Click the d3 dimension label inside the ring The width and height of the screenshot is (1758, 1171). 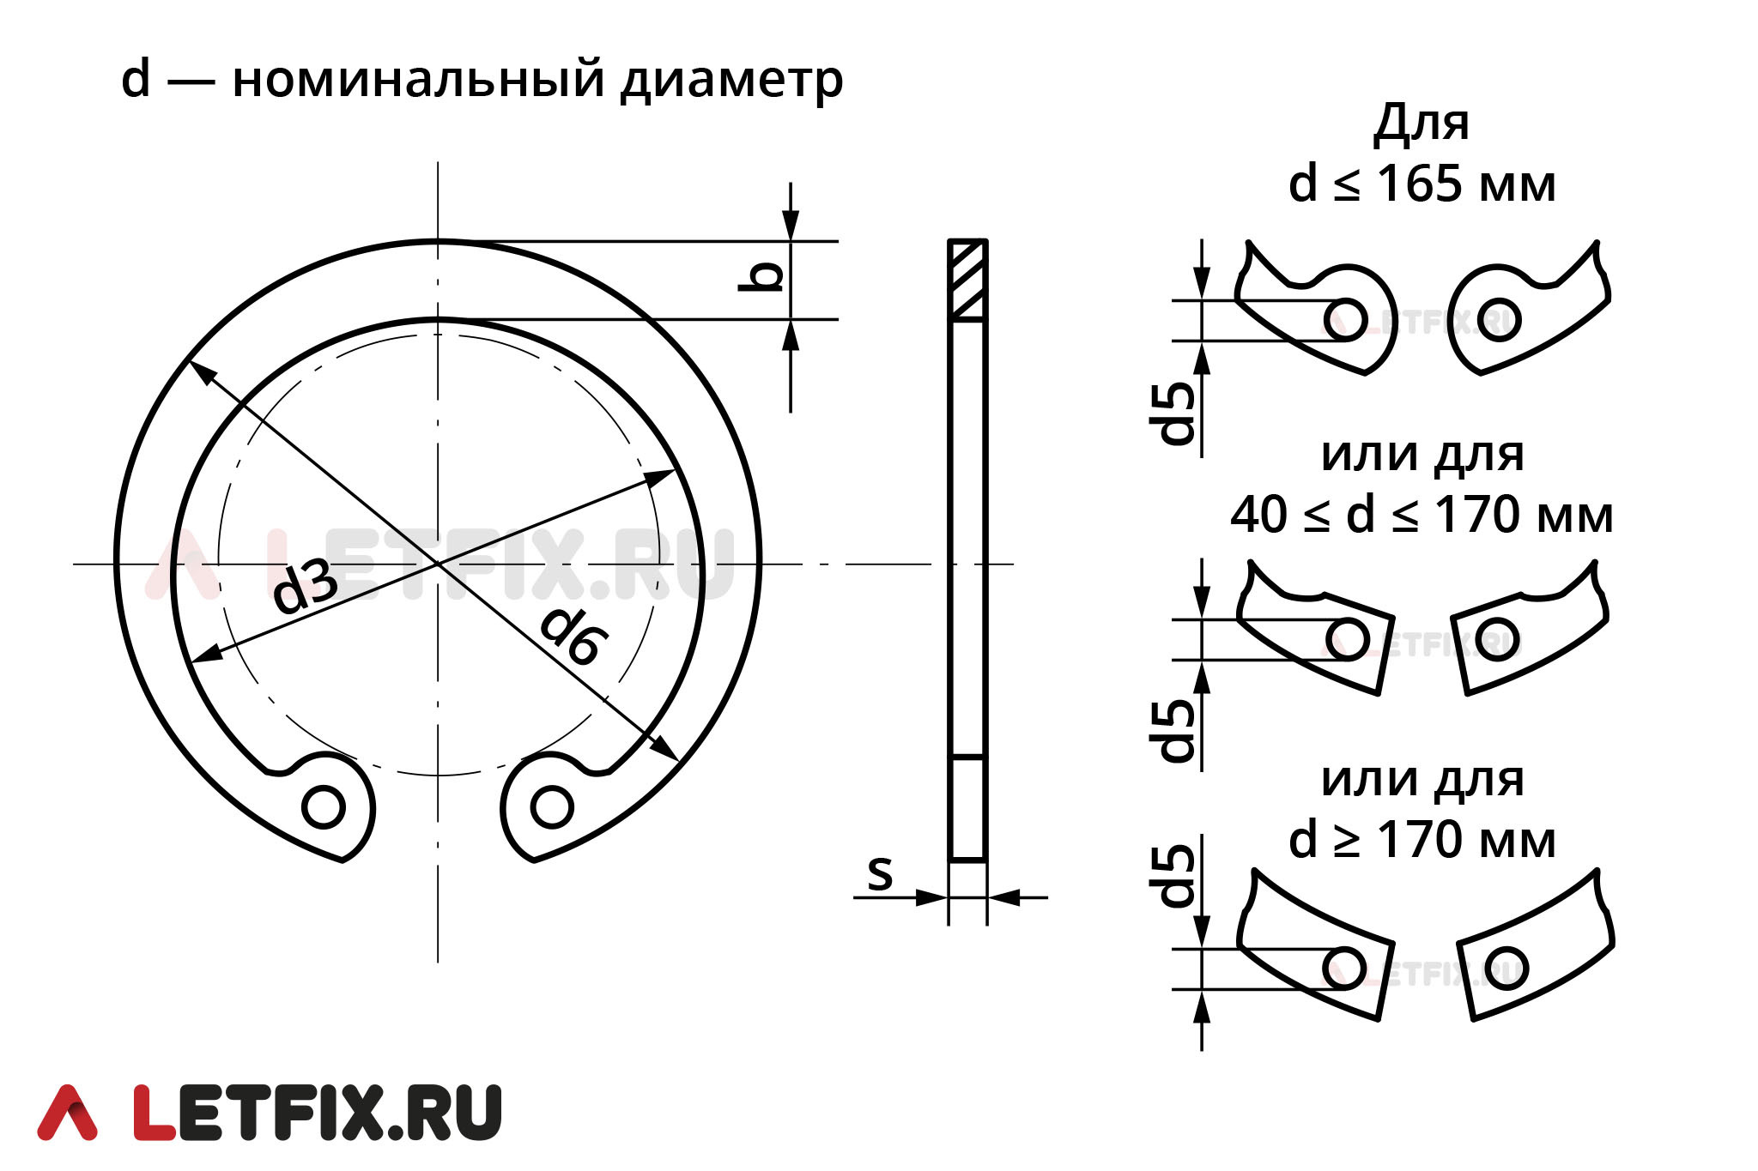point(304,587)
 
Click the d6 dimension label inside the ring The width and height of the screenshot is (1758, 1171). point(573,635)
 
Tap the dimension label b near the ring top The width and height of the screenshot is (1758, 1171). point(762,276)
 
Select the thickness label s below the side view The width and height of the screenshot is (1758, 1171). point(880,873)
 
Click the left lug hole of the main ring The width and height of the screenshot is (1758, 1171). point(324,806)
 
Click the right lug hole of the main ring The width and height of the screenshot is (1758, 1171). point(552,806)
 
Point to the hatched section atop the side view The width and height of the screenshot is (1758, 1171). point(967,280)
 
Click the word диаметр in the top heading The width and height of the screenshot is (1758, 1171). point(732,80)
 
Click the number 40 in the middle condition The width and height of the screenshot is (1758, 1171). point(1258,515)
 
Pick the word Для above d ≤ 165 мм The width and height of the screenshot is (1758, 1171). point(1422,123)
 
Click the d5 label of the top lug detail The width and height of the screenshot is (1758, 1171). point(1177,413)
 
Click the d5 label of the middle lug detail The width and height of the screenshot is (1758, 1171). point(1177,730)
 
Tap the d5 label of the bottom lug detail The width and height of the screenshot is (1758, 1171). point(1177,875)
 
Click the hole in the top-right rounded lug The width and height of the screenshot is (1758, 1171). point(1500,320)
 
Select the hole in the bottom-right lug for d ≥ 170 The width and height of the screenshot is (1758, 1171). point(1506,968)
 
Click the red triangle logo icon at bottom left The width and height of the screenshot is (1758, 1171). point(67,1114)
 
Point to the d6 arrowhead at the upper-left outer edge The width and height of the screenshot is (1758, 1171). point(199,371)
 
